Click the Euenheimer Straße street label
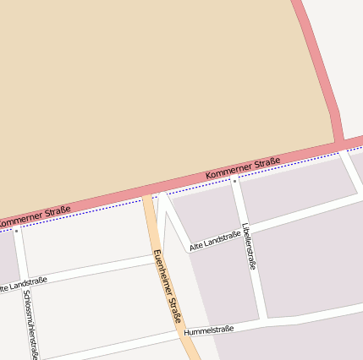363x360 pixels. (167, 286)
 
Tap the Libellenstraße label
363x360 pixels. (248, 246)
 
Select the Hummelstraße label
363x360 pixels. (208, 329)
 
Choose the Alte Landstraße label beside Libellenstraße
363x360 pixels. (215, 241)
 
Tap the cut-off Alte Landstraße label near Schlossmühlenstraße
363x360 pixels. (23, 284)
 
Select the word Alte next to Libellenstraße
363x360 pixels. (197, 245)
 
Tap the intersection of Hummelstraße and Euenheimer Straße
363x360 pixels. (185, 334)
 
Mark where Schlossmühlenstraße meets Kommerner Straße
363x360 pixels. (15, 225)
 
